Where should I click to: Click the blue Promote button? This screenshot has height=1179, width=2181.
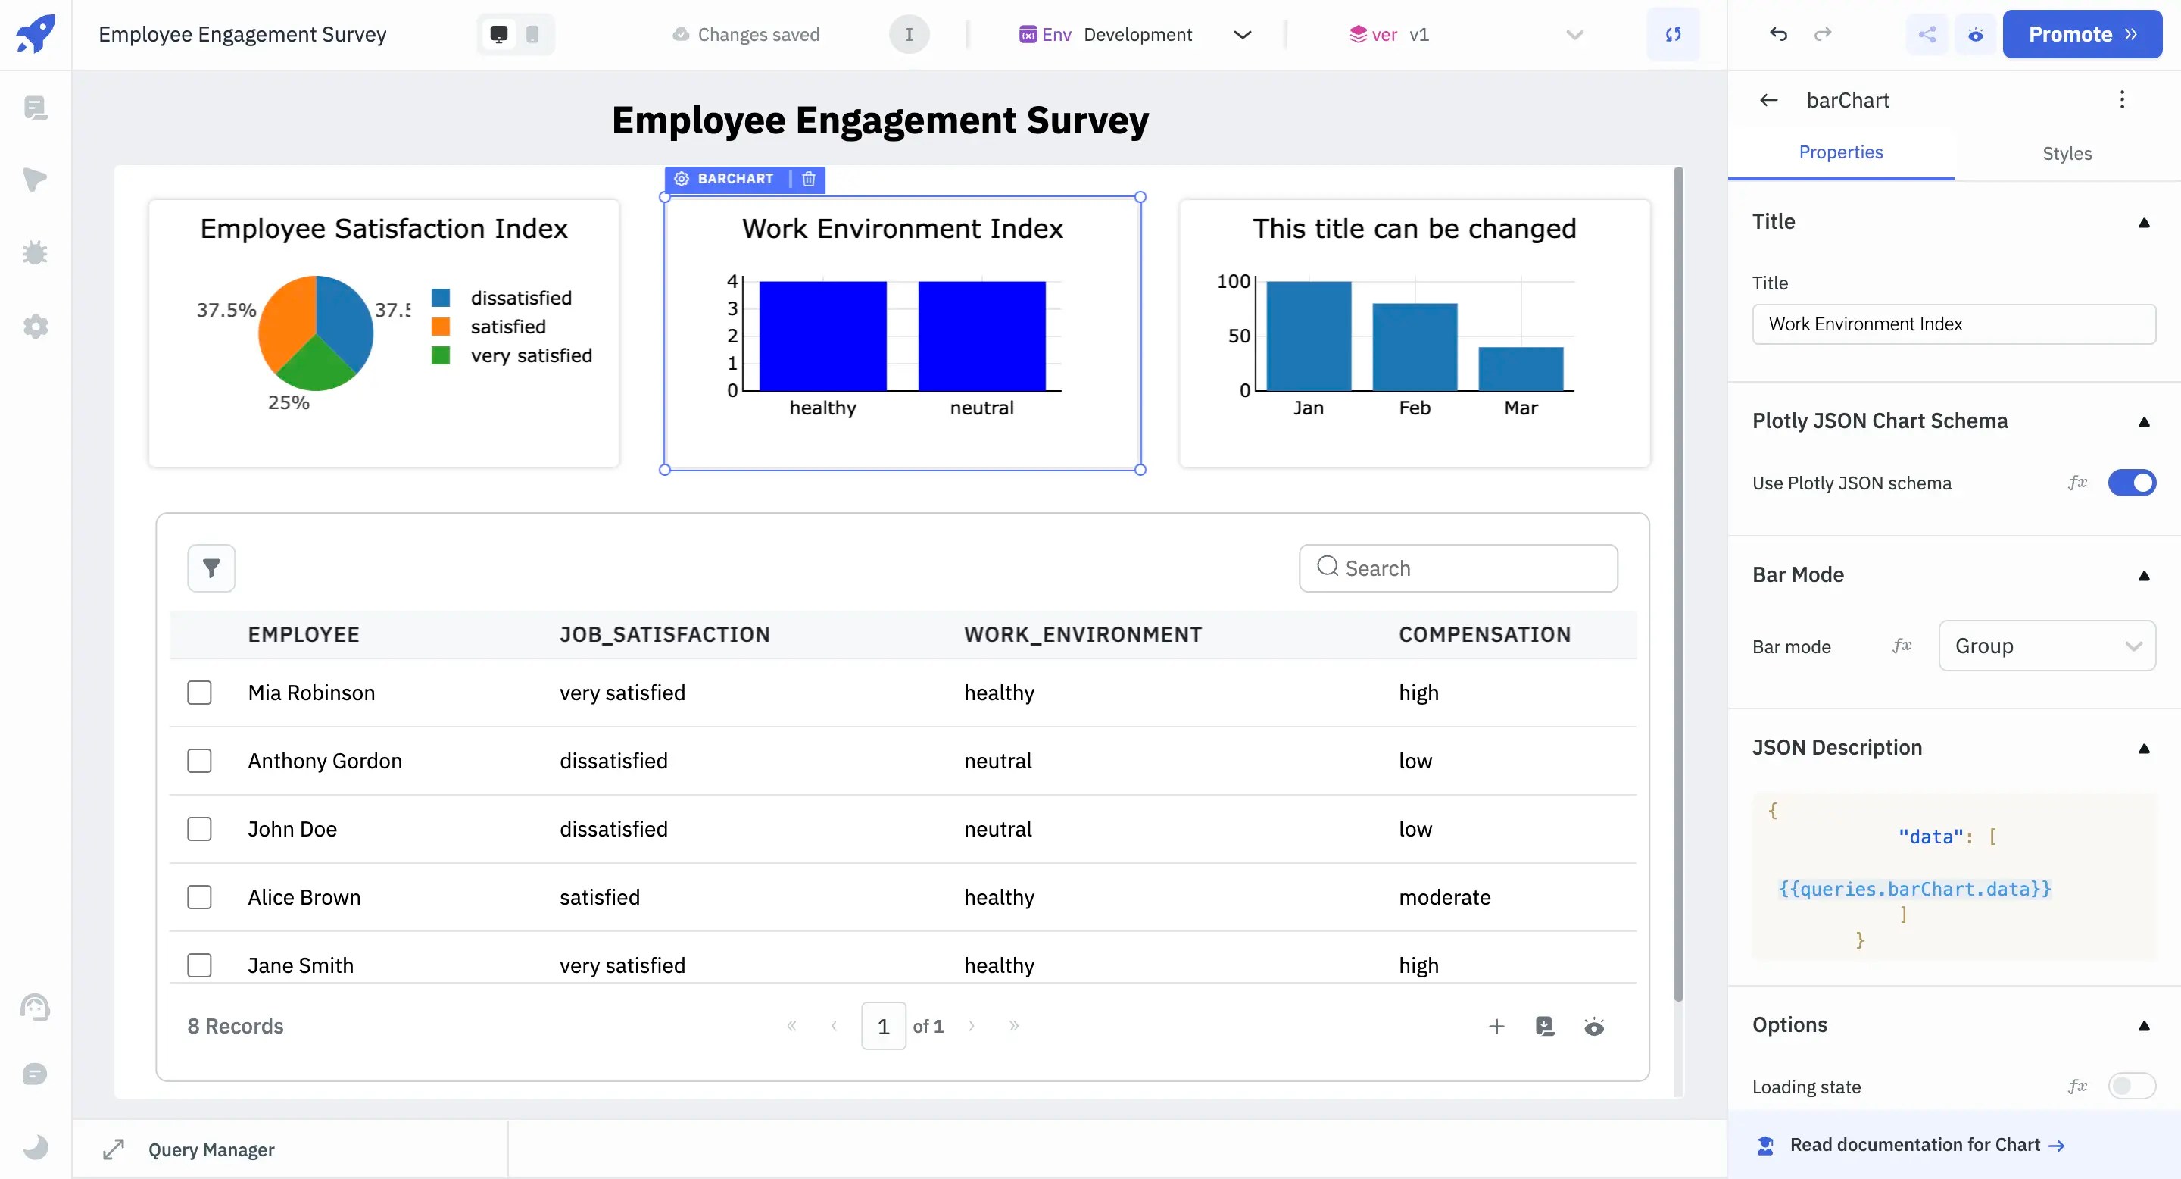(2081, 35)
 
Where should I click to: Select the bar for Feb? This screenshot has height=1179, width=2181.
(1414, 346)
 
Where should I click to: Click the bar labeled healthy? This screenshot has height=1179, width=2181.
(822, 336)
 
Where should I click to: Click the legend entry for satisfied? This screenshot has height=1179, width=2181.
(507, 327)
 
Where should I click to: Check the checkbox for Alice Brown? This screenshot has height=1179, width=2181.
(199, 897)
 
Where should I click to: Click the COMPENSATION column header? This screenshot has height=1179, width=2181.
(1484, 634)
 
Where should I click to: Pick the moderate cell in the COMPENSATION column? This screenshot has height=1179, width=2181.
(1443, 897)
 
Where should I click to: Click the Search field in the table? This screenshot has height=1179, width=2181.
(1458, 568)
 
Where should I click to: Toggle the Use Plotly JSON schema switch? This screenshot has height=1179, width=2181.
(2130, 483)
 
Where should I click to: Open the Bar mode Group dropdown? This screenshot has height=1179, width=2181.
(2045, 646)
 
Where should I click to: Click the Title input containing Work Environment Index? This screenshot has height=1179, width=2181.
(1952, 324)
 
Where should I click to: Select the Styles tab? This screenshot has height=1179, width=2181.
(2066, 153)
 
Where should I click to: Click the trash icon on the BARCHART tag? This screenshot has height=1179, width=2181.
(809, 179)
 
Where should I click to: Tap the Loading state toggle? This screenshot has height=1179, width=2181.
(2130, 1086)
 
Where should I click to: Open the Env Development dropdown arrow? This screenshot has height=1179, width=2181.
(1242, 35)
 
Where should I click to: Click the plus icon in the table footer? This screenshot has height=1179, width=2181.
(1496, 1027)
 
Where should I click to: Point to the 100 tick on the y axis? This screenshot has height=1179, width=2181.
(1233, 281)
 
